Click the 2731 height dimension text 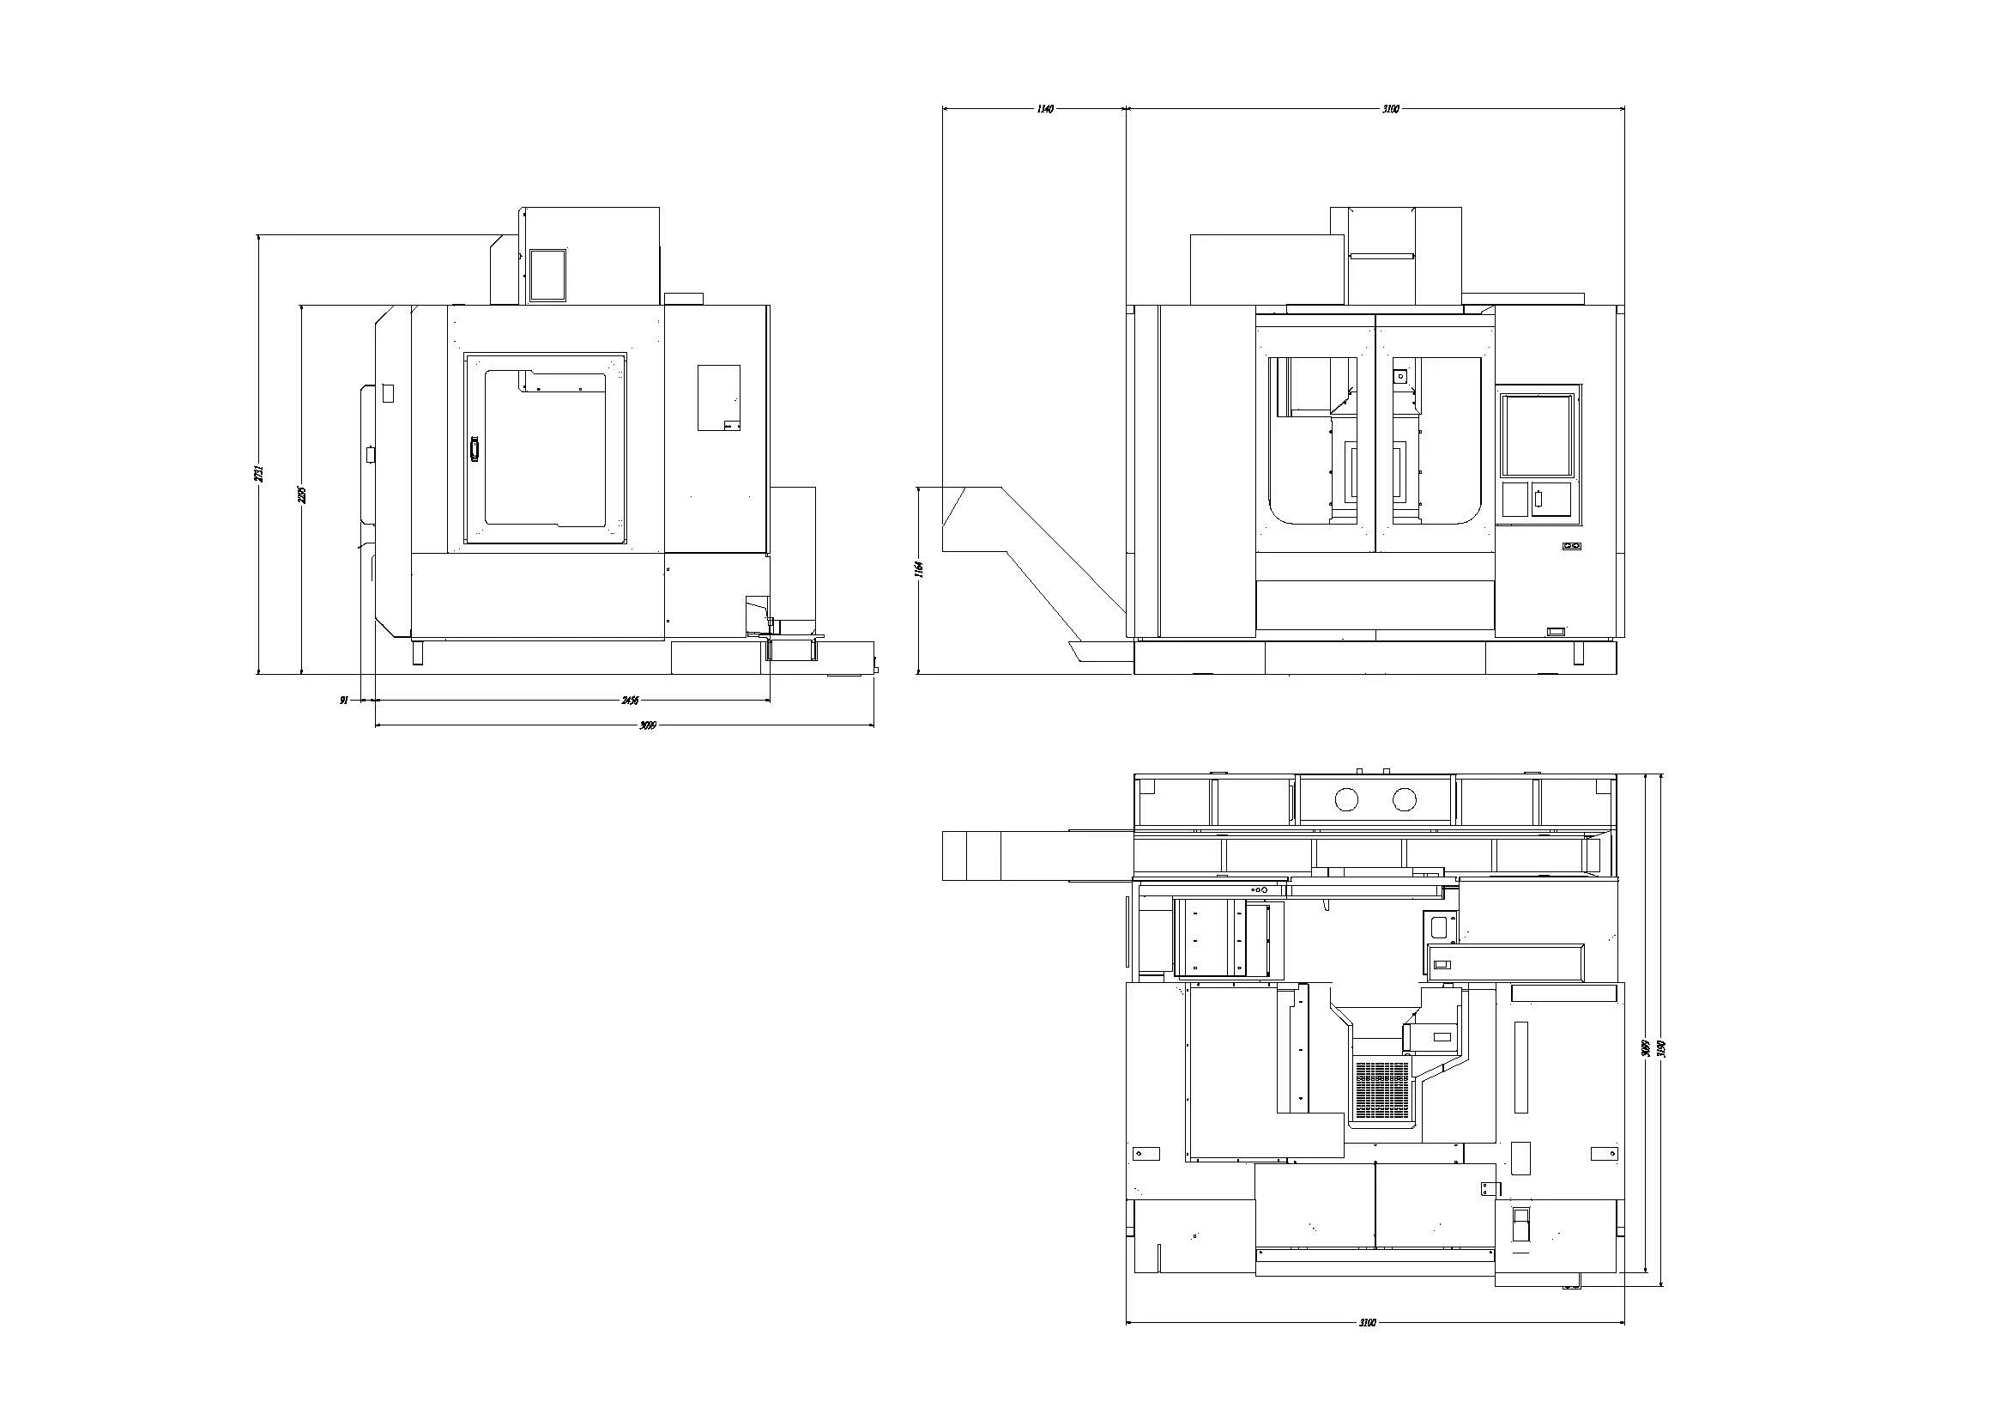click(258, 473)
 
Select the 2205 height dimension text click(301, 495)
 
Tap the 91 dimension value click(344, 701)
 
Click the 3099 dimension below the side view click(648, 725)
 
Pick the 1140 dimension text click(1044, 109)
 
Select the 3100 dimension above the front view click(1391, 109)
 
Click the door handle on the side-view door click(475, 448)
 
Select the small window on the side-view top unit click(548, 275)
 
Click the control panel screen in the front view click(1538, 435)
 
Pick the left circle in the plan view click(1347, 799)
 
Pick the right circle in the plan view click(1405, 799)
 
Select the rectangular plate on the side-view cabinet click(718, 397)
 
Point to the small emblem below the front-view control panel click(1573, 547)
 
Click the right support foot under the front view click(1579, 653)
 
